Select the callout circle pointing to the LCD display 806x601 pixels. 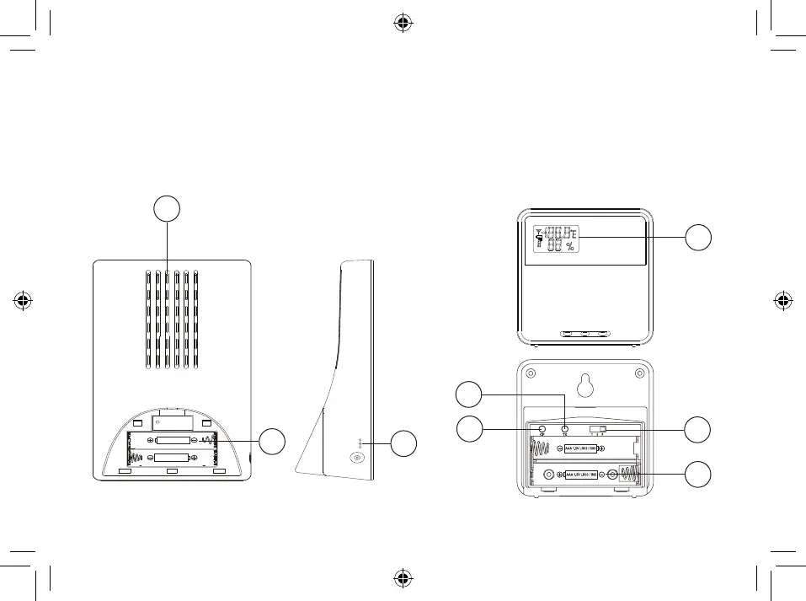pos(697,238)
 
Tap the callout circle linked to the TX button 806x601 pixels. pos(470,394)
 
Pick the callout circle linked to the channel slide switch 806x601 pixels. pos(697,430)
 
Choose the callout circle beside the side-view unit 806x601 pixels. pos(404,443)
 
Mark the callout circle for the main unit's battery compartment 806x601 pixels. pos(271,440)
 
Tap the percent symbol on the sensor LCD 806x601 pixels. pos(570,247)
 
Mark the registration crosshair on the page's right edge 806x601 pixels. pos(782,300)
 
